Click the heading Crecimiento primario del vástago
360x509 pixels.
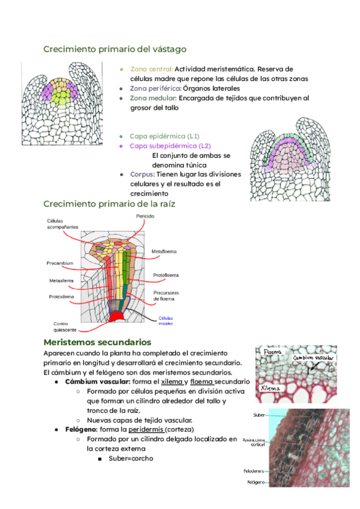(115, 49)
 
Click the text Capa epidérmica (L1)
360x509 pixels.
(165, 136)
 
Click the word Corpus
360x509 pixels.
(142, 175)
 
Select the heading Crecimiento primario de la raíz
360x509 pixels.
(109, 204)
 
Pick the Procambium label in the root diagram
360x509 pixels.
(60, 263)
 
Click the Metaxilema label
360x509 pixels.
(61, 281)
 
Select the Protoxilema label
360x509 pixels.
(61, 297)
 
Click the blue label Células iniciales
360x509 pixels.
(166, 321)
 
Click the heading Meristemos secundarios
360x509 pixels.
(101, 342)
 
